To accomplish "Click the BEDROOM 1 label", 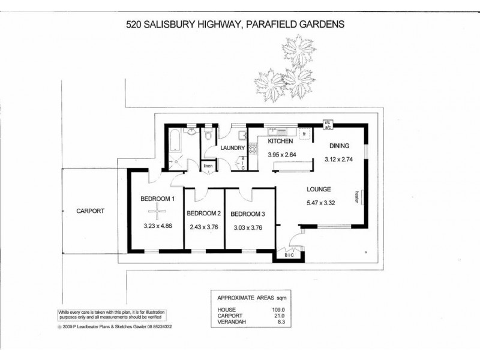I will (x=157, y=199).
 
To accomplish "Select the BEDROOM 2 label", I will (x=204, y=214).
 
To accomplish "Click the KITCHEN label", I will (x=280, y=142).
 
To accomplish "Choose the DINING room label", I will (x=339, y=146).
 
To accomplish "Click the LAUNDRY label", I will (x=232, y=148).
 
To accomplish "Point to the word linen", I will (x=208, y=166).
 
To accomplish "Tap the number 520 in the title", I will (x=134, y=25).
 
